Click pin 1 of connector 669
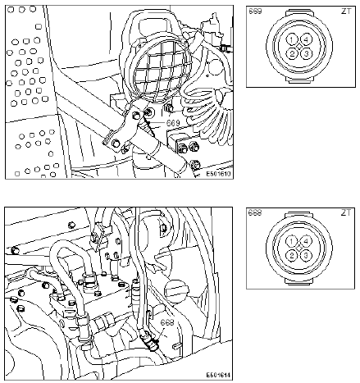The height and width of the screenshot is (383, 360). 292,40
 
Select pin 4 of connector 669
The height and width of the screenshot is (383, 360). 306,40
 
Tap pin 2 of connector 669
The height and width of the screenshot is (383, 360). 292,53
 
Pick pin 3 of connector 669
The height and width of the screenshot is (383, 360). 306,53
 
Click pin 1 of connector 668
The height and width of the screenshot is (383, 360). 292,242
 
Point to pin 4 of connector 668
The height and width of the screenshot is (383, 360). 306,242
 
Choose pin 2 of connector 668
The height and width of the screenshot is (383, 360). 292,256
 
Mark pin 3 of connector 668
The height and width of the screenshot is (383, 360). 306,256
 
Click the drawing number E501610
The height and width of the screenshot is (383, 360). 218,174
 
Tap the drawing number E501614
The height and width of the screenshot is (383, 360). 218,375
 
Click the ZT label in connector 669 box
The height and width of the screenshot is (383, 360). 346,11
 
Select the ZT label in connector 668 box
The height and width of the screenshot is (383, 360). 346,212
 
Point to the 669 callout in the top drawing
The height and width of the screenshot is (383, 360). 173,123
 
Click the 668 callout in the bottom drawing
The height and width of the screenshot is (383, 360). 167,322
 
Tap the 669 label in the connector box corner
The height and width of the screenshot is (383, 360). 255,11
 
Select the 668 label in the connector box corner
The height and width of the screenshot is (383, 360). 255,212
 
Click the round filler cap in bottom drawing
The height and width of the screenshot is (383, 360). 176,290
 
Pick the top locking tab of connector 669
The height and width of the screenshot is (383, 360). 299,12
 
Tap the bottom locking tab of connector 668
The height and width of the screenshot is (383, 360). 299,281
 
